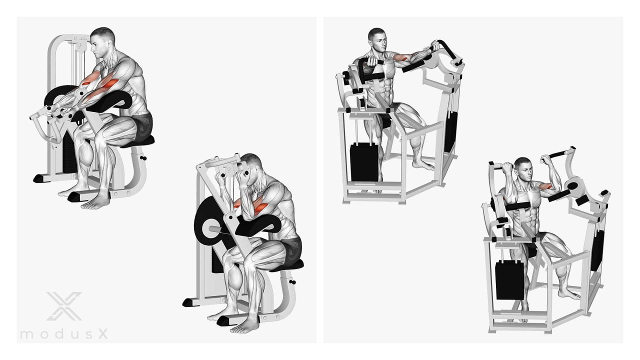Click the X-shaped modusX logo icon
pos(64,306)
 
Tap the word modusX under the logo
pos(64,333)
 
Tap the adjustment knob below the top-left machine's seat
pos(143,158)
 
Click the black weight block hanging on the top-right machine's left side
pos(364,162)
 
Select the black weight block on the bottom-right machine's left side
pos(509,280)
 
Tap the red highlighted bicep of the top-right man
pos(401,57)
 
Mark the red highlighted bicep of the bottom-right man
pos(545,187)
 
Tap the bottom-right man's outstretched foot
pos(569,294)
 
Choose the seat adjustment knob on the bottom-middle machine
pos(292,282)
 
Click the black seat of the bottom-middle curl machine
pos(287,265)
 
